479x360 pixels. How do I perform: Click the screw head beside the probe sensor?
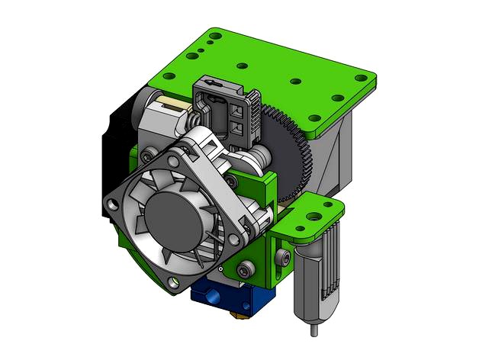[285, 260]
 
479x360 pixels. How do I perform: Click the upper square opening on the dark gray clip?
[235, 109]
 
